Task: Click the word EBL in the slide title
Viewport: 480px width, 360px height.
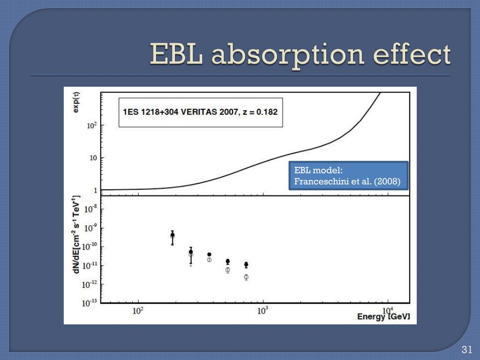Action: (x=177, y=55)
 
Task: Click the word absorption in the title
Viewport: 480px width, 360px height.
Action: (x=287, y=55)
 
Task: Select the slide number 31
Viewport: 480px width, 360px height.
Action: (x=466, y=350)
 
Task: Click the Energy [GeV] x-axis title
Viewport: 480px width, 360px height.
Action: (x=383, y=316)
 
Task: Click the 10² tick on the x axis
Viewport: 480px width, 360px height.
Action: (x=138, y=311)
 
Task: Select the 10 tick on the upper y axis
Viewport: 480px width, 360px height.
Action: (x=94, y=158)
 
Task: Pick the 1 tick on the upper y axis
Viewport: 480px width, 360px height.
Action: (x=95, y=190)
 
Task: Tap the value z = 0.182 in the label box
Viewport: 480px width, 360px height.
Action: (x=258, y=112)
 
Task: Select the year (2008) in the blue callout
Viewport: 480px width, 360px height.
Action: (x=387, y=182)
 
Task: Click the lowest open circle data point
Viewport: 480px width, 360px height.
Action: (x=246, y=277)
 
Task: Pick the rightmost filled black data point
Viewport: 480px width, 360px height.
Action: (x=246, y=265)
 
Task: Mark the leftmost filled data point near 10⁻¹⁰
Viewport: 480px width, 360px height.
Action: (x=172, y=235)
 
